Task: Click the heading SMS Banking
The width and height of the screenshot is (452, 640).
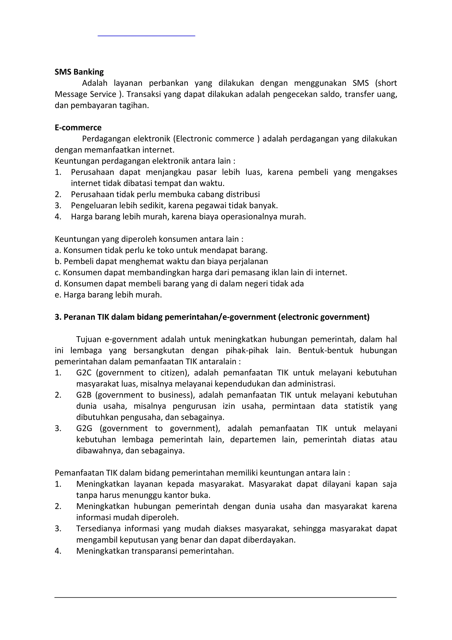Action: (x=79, y=72)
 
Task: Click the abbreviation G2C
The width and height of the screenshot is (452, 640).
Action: (x=84, y=373)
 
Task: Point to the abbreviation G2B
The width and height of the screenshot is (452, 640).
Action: (x=84, y=395)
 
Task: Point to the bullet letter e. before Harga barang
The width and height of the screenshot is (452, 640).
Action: (x=57, y=295)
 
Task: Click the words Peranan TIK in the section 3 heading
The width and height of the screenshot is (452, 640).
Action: (x=86, y=317)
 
